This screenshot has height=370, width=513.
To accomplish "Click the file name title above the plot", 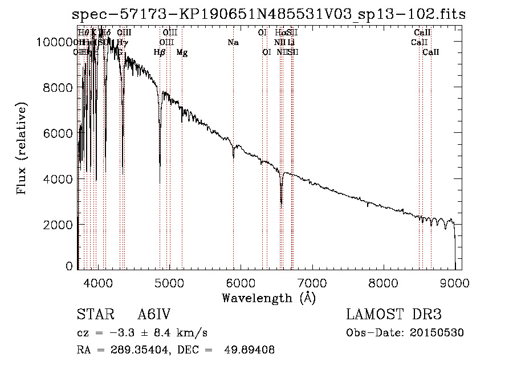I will (269, 15).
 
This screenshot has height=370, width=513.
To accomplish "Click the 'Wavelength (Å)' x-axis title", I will (268, 298).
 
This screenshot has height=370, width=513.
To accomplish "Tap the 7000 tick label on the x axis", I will (312, 282).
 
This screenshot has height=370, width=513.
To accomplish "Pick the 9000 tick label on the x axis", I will (454, 282).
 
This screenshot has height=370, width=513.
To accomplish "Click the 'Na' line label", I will (233, 43).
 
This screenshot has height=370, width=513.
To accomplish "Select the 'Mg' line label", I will (182, 52).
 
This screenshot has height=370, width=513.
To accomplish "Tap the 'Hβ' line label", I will (160, 52).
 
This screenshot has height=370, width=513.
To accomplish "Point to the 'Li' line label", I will (291, 43).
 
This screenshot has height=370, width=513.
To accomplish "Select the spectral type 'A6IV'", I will (154, 315).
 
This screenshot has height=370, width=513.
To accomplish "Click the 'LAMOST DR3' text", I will (394, 315).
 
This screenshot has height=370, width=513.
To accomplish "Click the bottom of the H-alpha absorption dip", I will (281, 203).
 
